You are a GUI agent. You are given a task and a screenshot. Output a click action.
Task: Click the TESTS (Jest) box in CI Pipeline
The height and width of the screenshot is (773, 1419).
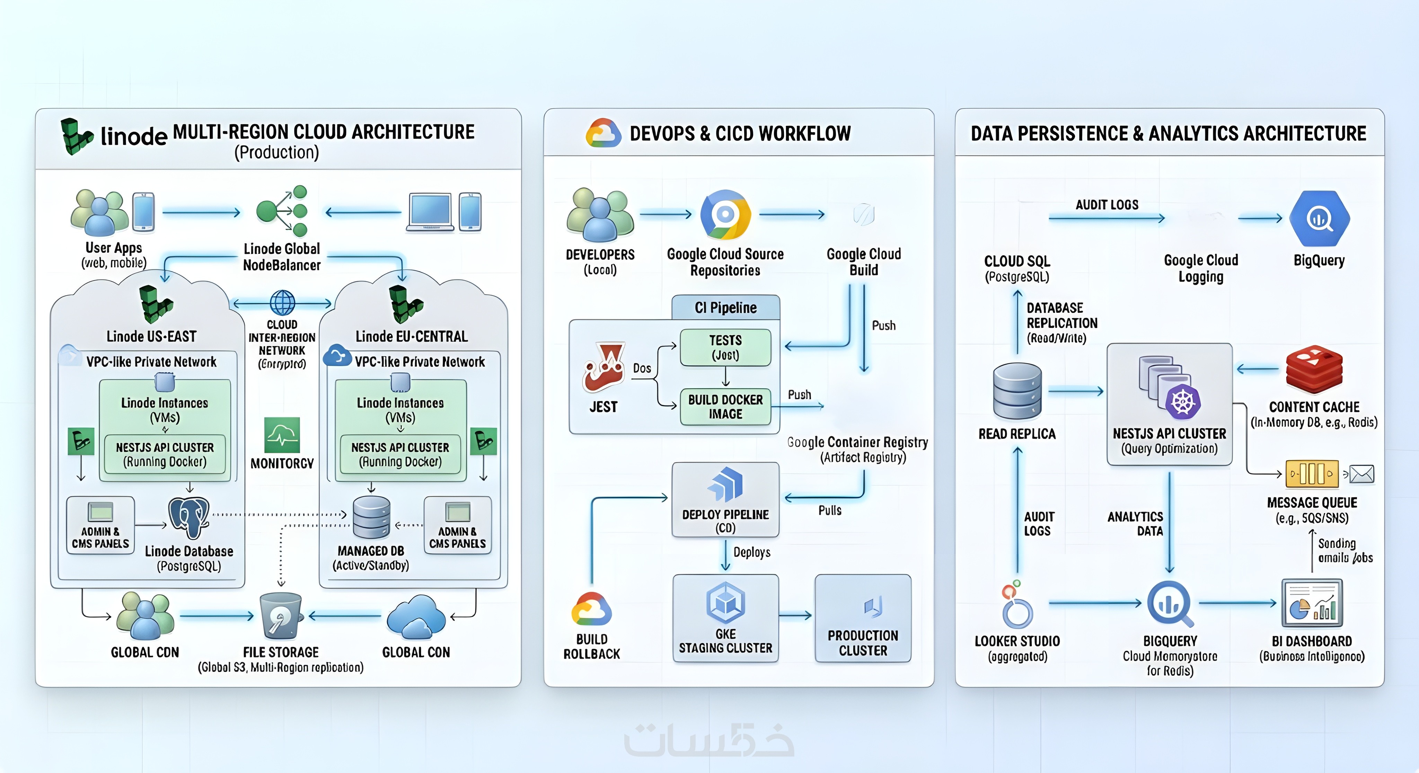[725, 347]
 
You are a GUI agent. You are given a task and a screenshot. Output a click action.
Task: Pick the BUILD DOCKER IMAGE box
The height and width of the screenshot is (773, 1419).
[725, 407]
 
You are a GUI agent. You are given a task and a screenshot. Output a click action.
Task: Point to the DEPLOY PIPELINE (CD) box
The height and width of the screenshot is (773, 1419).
[725, 500]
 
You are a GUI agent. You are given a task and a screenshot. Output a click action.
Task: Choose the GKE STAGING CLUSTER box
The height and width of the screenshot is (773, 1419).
[725, 618]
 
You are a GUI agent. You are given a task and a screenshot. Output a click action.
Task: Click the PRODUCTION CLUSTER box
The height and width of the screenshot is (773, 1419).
[863, 618]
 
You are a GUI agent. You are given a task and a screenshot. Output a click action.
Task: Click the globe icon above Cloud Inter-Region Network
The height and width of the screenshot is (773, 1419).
[282, 302]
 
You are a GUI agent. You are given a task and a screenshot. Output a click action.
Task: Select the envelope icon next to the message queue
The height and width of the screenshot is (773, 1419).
[1362, 474]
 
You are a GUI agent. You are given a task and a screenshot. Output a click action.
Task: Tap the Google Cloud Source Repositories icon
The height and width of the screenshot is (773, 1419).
[725, 215]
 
